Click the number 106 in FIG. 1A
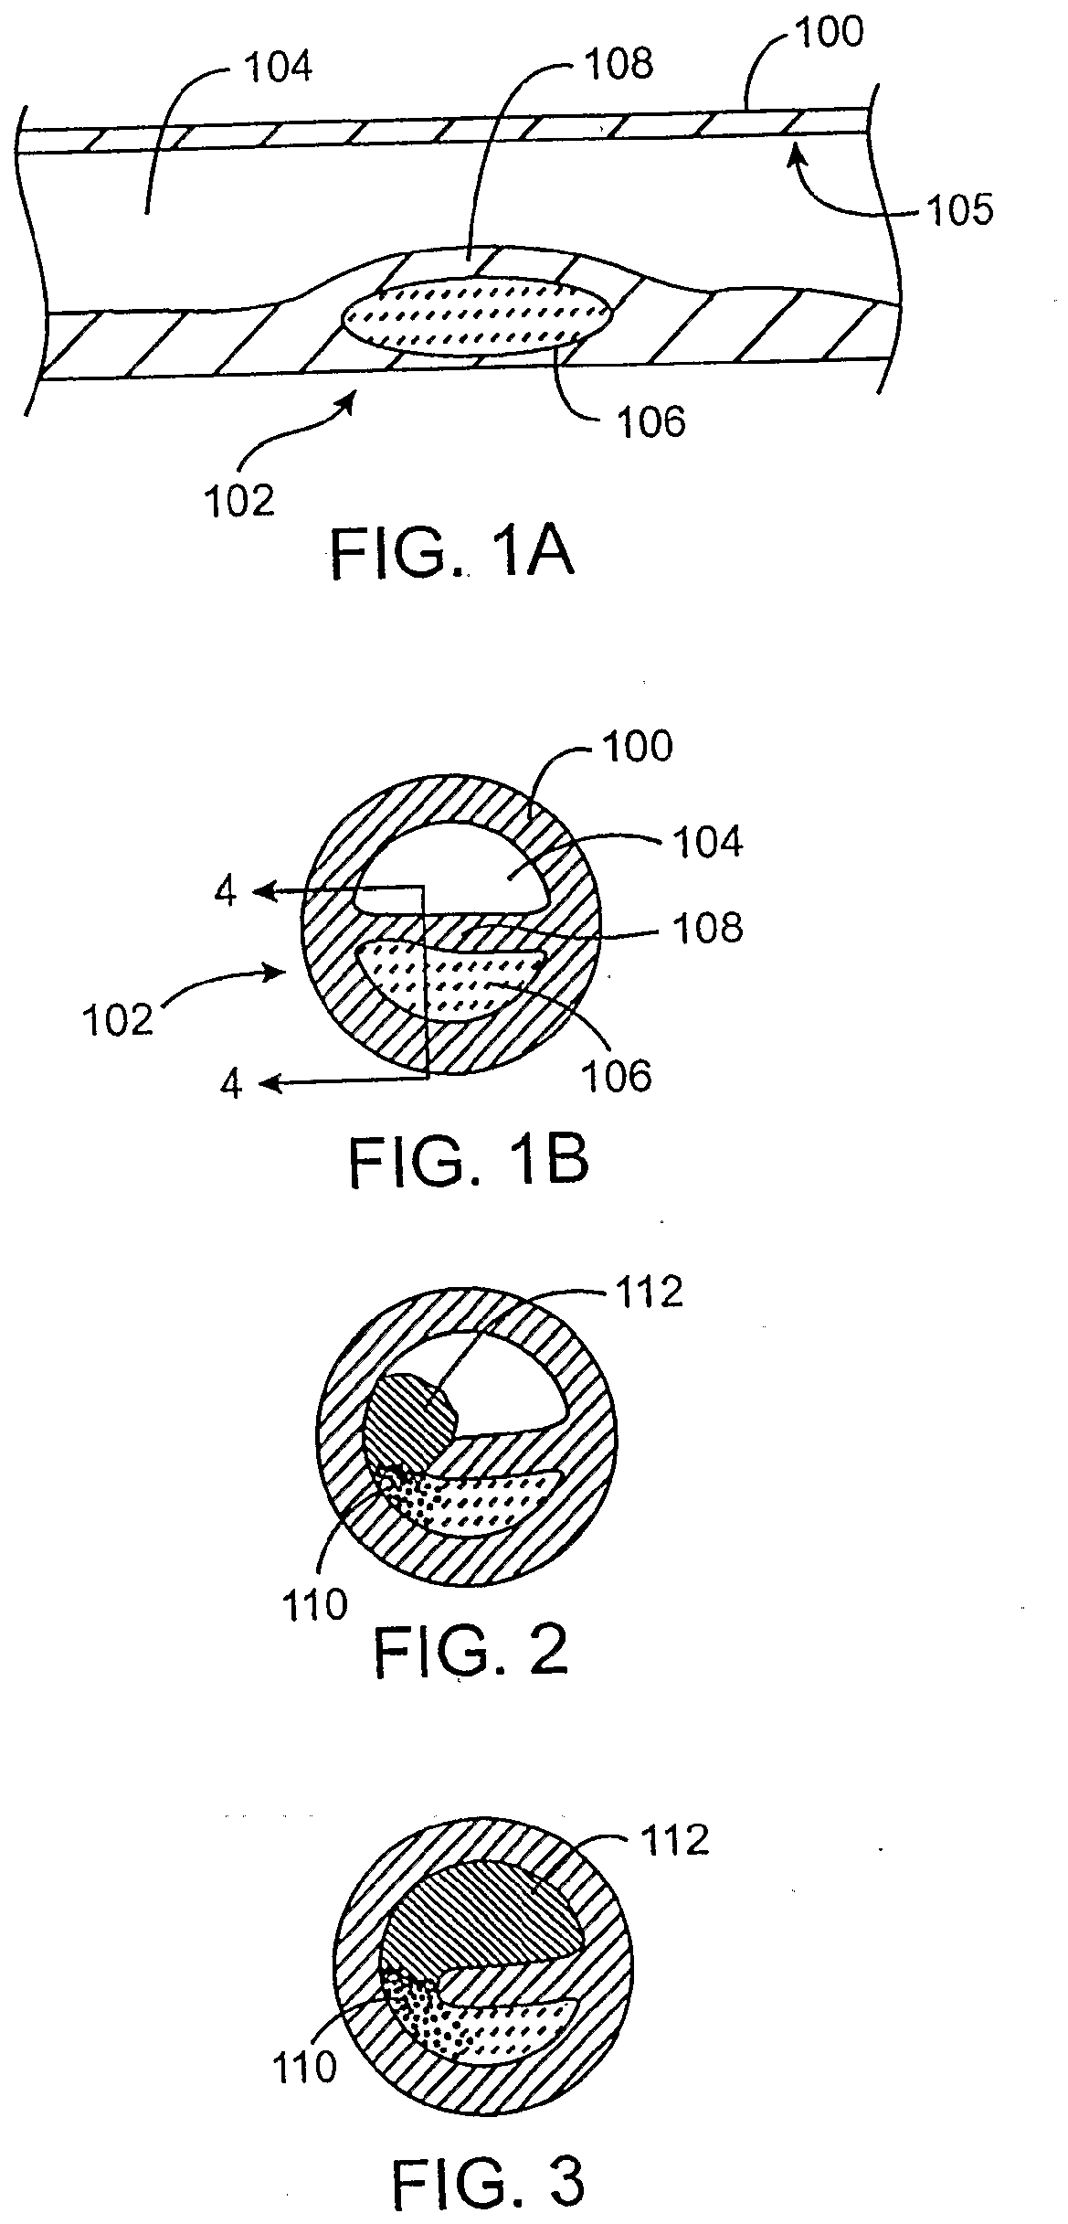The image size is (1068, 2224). click(x=650, y=421)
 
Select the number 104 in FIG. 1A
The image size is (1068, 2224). click(x=278, y=67)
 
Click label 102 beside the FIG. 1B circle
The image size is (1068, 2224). click(x=116, y=1021)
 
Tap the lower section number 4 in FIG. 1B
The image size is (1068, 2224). click(x=231, y=1085)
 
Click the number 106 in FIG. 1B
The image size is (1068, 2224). click(x=618, y=1078)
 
